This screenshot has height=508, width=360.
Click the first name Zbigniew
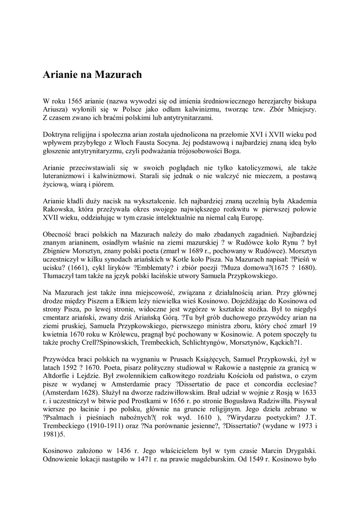[x=57, y=253]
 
